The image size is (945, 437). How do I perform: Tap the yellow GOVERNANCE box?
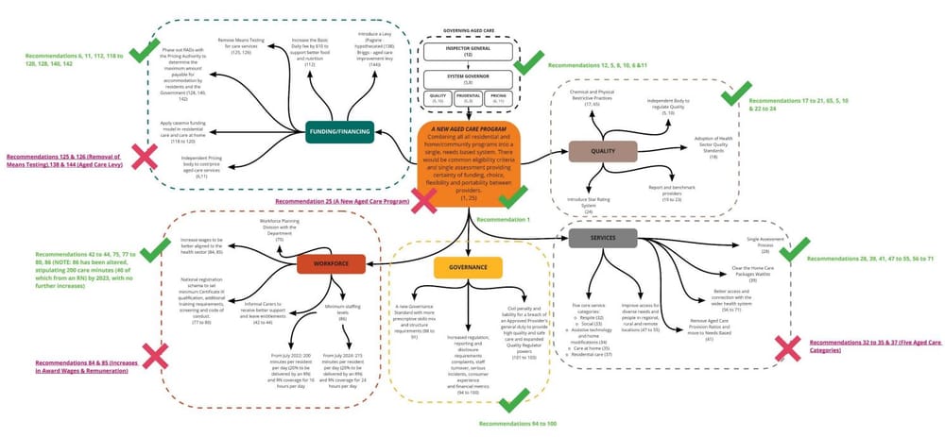[x=468, y=268]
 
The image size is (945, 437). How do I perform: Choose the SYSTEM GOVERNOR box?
[x=469, y=78]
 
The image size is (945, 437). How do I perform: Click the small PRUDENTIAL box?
[x=469, y=98]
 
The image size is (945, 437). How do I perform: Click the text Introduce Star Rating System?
[x=589, y=203]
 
